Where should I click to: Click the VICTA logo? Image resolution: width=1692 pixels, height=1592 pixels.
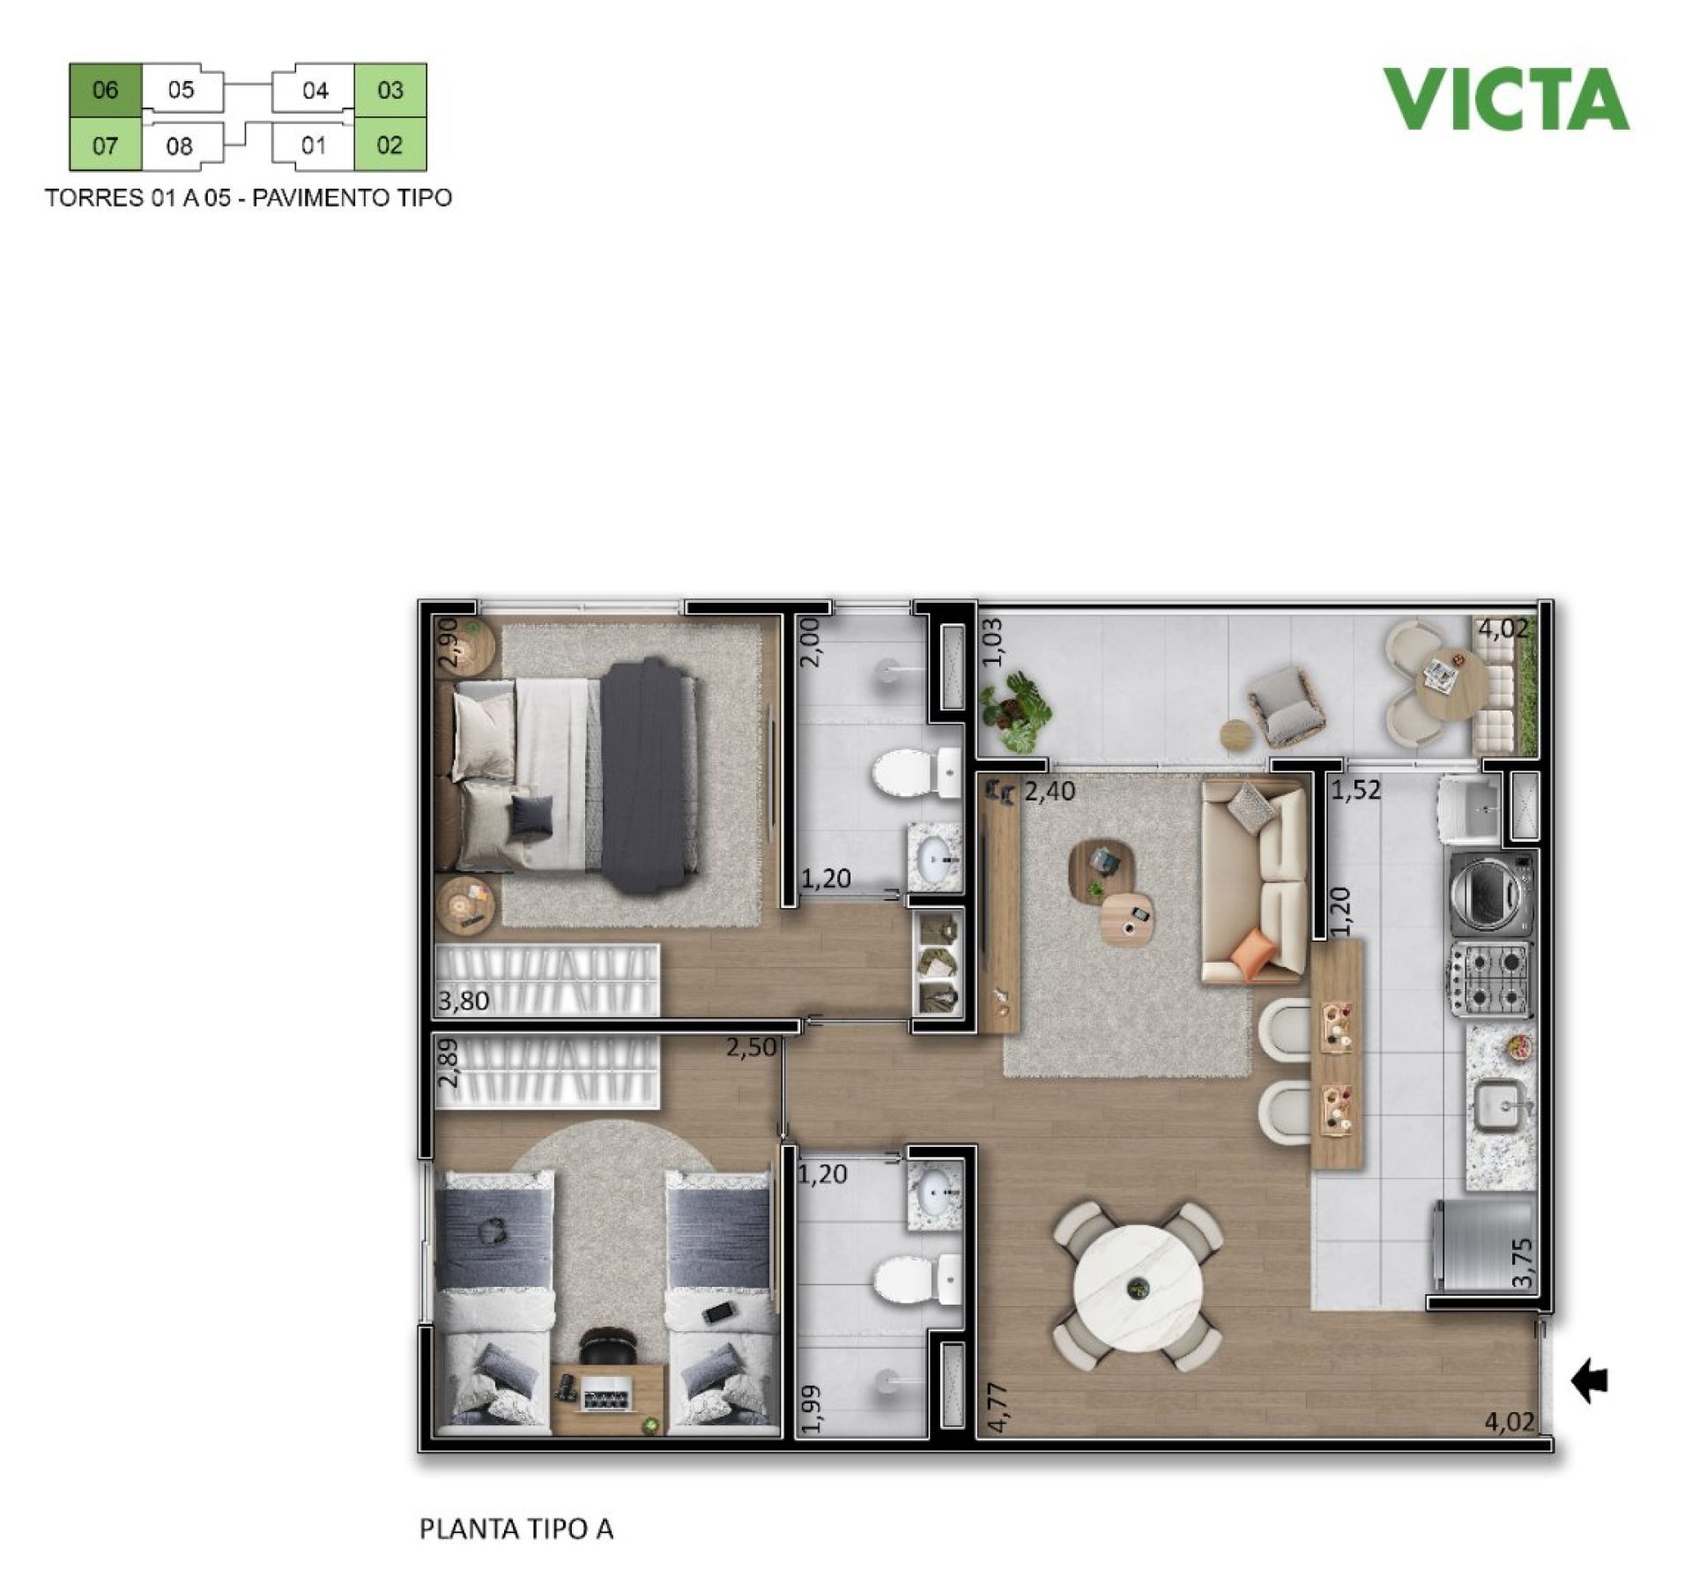coord(1505,99)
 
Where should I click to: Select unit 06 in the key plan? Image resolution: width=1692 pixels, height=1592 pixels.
coord(105,90)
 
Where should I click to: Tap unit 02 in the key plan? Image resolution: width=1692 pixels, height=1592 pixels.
coord(390,145)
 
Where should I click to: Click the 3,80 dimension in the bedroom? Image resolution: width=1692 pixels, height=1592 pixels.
coord(464,1001)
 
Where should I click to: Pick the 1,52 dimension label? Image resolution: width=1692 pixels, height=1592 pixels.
coord(1355,791)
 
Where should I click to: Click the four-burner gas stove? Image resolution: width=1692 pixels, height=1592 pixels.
coord(1492,978)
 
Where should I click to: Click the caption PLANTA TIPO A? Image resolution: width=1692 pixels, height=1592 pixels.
coord(516,1529)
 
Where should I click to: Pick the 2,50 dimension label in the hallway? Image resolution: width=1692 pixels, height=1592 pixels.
coord(752,1048)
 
